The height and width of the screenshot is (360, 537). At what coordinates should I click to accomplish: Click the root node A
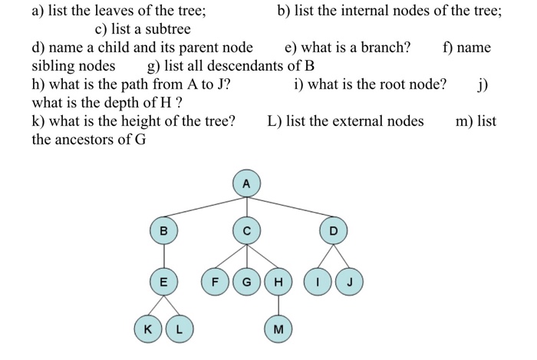(x=246, y=184)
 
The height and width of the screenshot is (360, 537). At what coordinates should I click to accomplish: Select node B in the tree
(x=163, y=230)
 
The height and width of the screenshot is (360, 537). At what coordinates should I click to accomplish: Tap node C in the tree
(x=246, y=230)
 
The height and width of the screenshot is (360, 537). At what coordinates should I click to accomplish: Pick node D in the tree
(x=333, y=230)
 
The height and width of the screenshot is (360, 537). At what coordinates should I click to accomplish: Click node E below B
(x=163, y=282)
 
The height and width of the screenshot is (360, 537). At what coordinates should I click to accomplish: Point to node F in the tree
(x=216, y=282)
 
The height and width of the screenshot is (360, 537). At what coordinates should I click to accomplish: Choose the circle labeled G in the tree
(x=246, y=282)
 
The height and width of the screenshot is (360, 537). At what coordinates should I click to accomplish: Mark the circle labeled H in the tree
(x=277, y=282)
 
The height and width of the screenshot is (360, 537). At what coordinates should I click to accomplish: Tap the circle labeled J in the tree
(x=349, y=282)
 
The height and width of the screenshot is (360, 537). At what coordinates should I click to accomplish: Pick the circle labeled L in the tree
(x=179, y=329)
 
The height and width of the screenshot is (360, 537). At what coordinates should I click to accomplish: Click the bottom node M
(x=277, y=329)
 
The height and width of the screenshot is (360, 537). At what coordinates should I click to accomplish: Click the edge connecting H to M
(x=277, y=306)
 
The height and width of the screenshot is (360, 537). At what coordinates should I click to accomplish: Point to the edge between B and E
(x=163, y=256)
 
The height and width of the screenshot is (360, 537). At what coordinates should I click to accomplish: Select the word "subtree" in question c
(x=165, y=29)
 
